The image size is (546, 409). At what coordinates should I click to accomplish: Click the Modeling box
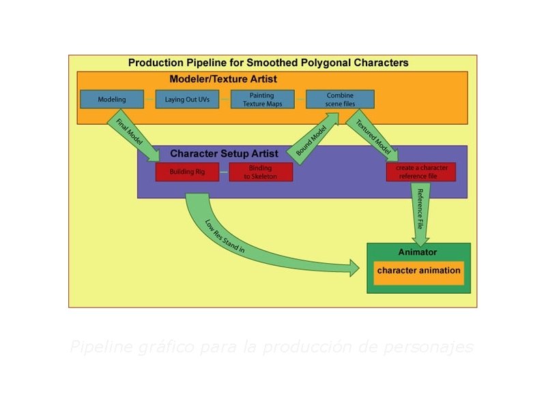point(112,100)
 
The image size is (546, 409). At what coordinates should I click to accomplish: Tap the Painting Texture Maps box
point(262,100)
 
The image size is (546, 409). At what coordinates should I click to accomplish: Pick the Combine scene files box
point(339,100)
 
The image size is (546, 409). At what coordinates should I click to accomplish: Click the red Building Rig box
point(187,172)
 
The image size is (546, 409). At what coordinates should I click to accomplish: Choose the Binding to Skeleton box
point(260,172)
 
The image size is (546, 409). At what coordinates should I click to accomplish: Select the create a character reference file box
point(420,172)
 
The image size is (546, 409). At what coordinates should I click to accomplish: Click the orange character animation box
point(418,271)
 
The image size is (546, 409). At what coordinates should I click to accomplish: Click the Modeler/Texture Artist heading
point(223,79)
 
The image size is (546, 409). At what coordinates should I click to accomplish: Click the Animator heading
point(418,252)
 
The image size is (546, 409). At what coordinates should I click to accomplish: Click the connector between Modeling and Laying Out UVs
point(150,100)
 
